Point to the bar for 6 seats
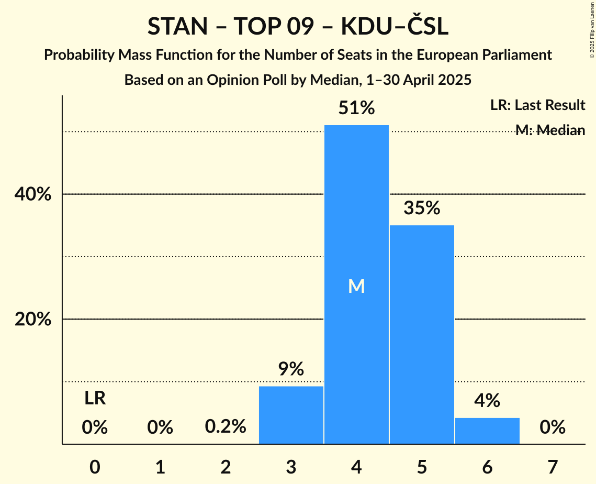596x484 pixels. [487, 431]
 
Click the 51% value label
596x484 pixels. [356, 108]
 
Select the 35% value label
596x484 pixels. [422, 208]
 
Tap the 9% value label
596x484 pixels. [291, 369]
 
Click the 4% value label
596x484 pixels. [487, 401]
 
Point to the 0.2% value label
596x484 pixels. [226, 427]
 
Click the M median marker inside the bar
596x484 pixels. [356, 286]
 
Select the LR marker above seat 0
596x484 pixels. [95, 399]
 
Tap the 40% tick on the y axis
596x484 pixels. [33, 194]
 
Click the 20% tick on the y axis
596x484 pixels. [33, 320]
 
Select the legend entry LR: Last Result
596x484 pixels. [537, 105]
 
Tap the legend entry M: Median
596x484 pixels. [550, 130]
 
